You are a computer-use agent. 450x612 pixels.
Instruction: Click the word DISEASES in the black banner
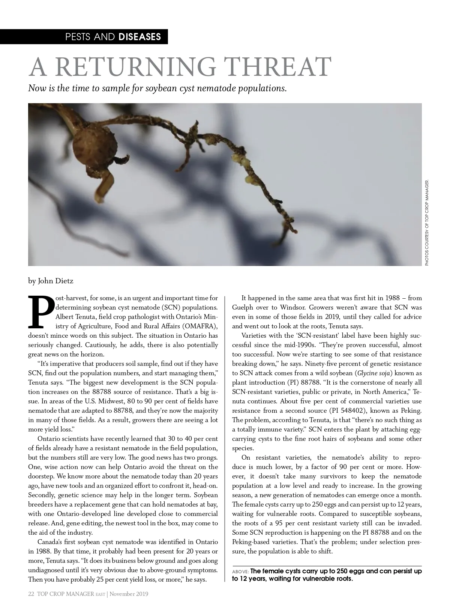[x=140, y=37]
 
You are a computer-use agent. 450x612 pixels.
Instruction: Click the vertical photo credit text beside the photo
[x=426, y=223]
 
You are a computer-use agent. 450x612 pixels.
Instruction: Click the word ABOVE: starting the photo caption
[x=240, y=571]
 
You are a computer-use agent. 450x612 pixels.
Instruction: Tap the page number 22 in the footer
[x=31, y=594]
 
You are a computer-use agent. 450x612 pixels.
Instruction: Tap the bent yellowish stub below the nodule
[x=103, y=185]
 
